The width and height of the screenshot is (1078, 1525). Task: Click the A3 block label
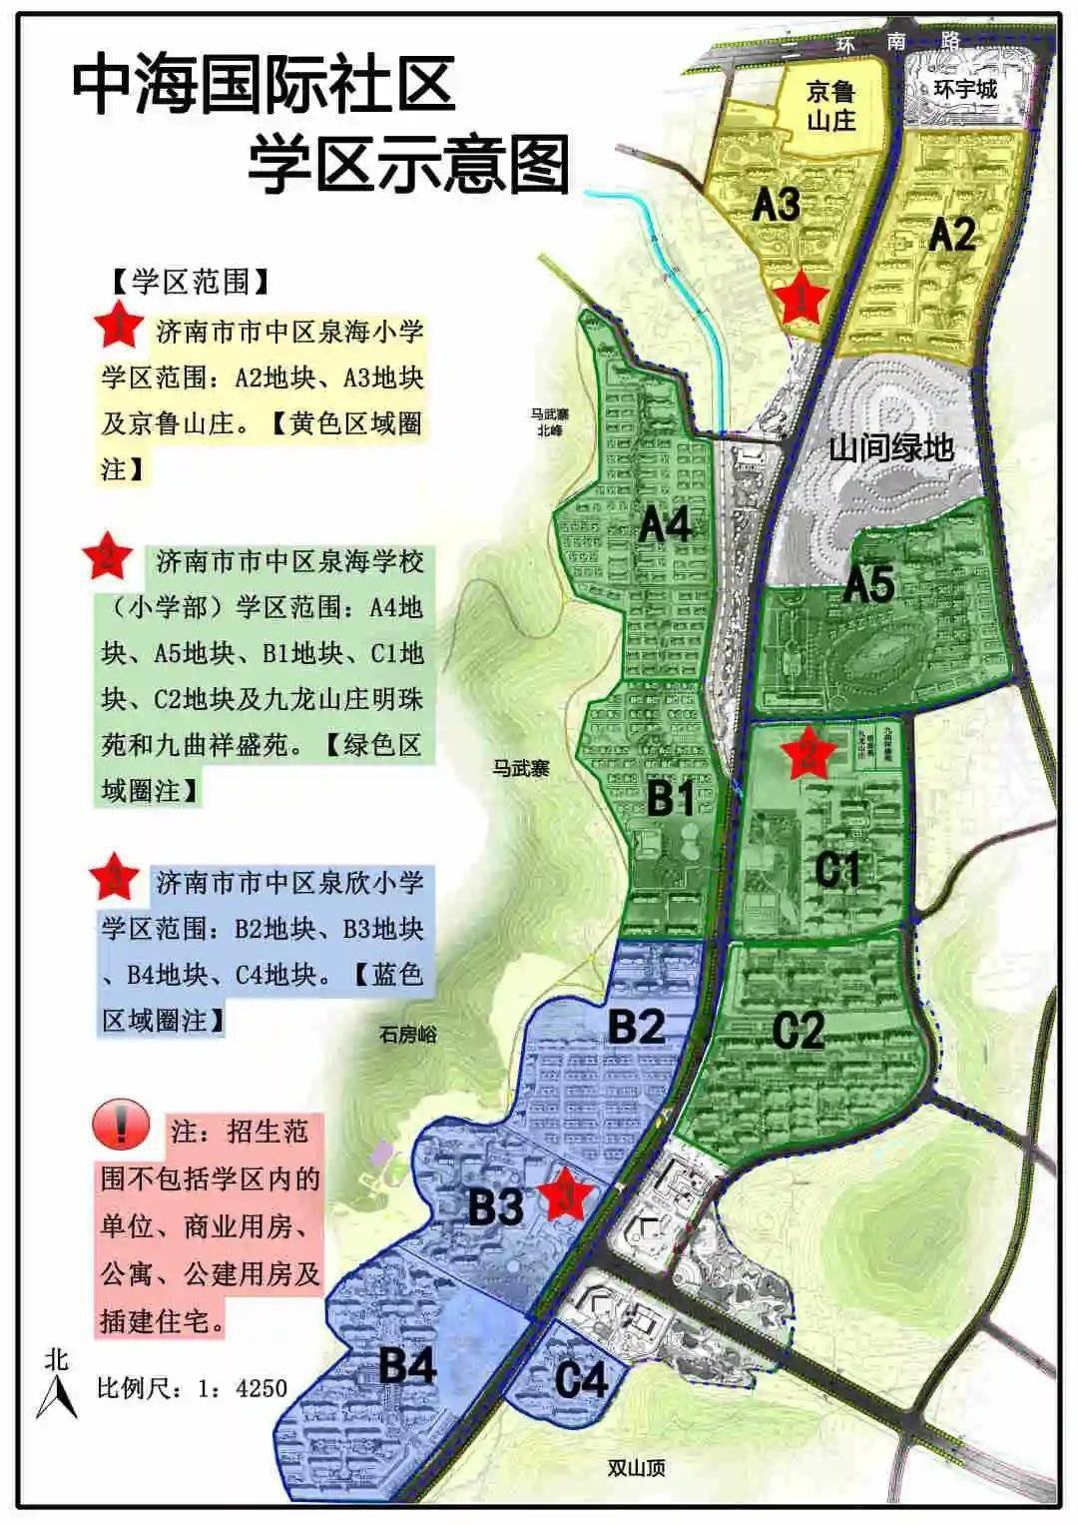776,205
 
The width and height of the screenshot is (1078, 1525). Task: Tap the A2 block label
951,235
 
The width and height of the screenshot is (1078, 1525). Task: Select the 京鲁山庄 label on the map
830,107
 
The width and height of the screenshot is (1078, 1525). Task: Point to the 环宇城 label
964,89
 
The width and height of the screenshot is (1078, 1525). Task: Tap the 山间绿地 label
890,447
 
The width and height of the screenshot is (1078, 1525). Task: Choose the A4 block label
665,525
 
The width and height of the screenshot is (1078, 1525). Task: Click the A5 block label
869,584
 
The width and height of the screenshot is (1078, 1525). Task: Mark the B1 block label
671,799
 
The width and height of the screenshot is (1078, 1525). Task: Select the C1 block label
836,871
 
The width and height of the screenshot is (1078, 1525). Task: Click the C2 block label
799,1030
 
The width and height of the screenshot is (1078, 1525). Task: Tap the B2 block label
636,1027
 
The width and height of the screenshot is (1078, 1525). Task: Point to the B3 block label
495,1207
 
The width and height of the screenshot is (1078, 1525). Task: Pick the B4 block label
407,1366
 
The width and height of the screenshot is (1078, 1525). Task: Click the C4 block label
581,1380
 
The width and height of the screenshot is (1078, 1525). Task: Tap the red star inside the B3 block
566,1194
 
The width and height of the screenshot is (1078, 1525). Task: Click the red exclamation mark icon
121,1128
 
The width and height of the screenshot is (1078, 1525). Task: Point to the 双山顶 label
636,1468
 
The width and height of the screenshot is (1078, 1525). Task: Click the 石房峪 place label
407,1035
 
